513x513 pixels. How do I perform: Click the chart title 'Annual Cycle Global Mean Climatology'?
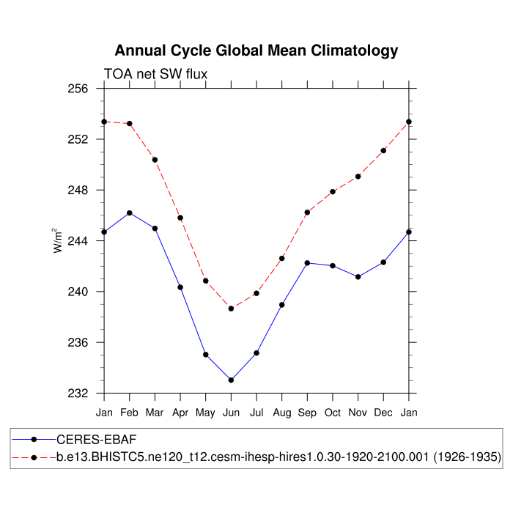click(x=256, y=51)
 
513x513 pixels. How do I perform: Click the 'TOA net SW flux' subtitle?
click(x=155, y=74)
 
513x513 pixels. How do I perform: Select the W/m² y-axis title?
click(x=57, y=240)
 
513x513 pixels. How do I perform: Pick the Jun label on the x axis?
click(x=231, y=413)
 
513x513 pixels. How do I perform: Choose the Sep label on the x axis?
click(x=307, y=413)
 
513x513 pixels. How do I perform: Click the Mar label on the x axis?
click(x=155, y=413)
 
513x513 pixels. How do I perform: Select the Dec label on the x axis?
click(x=383, y=413)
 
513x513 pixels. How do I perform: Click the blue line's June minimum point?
click(x=231, y=380)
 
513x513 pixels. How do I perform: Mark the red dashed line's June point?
click(x=231, y=309)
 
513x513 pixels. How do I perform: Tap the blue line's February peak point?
click(x=130, y=213)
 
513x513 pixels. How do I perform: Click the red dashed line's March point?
click(x=155, y=160)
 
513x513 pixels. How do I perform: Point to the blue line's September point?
click(x=307, y=262)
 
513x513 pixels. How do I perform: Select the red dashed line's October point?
click(x=333, y=192)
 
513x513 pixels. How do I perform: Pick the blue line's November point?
click(x=358, y=276)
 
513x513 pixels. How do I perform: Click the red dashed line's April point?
click(x=180, y=218)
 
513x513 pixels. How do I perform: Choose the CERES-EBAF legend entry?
click(x=97, y=439)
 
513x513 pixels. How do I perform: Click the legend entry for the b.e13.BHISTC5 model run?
click(x=278, y=457)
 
